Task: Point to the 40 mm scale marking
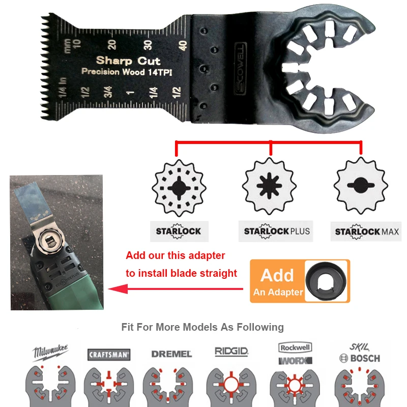(x=182, y=45)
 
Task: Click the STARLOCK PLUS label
(x=276, y=231)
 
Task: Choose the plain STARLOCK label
(x=178, y=231)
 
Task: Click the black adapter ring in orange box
(x=326, y=281)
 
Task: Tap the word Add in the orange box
(x=277, y=275)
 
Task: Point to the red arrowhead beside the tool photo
(x=115, y=289)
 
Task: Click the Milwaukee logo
(x=51, y=352)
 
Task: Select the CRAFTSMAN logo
(x=109, y=354)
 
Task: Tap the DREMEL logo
(x=171, y=354)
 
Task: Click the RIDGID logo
(x=231, y=352)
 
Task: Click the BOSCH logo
(x=359, y=358)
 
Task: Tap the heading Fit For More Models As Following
(x=202, y=327)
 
